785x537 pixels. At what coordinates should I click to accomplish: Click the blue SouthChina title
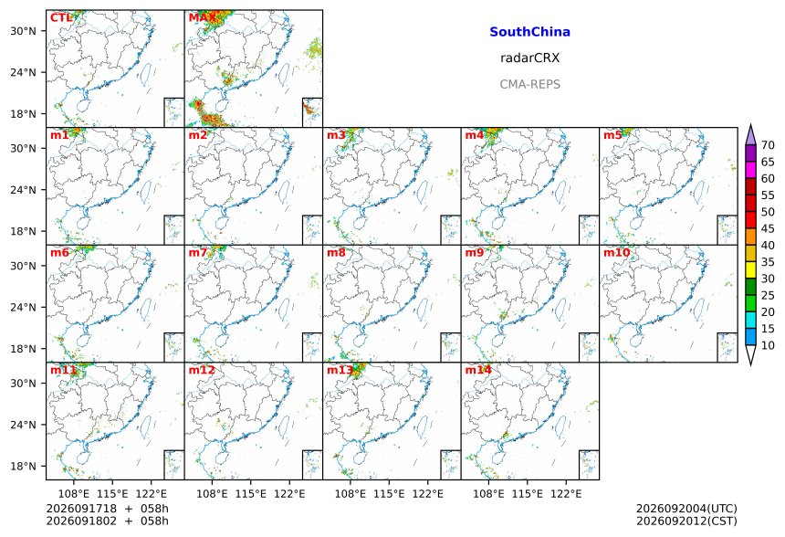(529, 32)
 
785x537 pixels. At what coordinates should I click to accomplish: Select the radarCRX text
(529, 58)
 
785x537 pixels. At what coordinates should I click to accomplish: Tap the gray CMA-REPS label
(529, 84)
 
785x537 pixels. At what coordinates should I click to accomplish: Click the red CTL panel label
(61, 18)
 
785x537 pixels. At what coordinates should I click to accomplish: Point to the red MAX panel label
(203, 18)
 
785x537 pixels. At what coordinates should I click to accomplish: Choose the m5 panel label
(612, 135)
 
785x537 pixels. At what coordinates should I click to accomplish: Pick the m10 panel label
(616, 252)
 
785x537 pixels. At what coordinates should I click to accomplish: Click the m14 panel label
(478, 370)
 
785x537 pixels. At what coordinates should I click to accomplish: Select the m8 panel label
(336, 252)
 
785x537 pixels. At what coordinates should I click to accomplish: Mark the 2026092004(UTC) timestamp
(686, 509)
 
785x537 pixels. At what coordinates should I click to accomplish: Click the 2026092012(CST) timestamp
(686, 521)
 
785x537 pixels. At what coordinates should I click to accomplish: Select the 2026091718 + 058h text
(108, 509)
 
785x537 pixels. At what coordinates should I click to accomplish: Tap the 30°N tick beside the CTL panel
(24, 31)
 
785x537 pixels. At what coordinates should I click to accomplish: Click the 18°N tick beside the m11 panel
(24, 467)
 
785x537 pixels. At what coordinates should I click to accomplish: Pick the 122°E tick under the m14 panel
(566, 494)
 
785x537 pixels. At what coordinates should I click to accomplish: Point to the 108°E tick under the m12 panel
(212, 494)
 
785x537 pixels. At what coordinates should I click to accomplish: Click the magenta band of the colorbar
(750, 170)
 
